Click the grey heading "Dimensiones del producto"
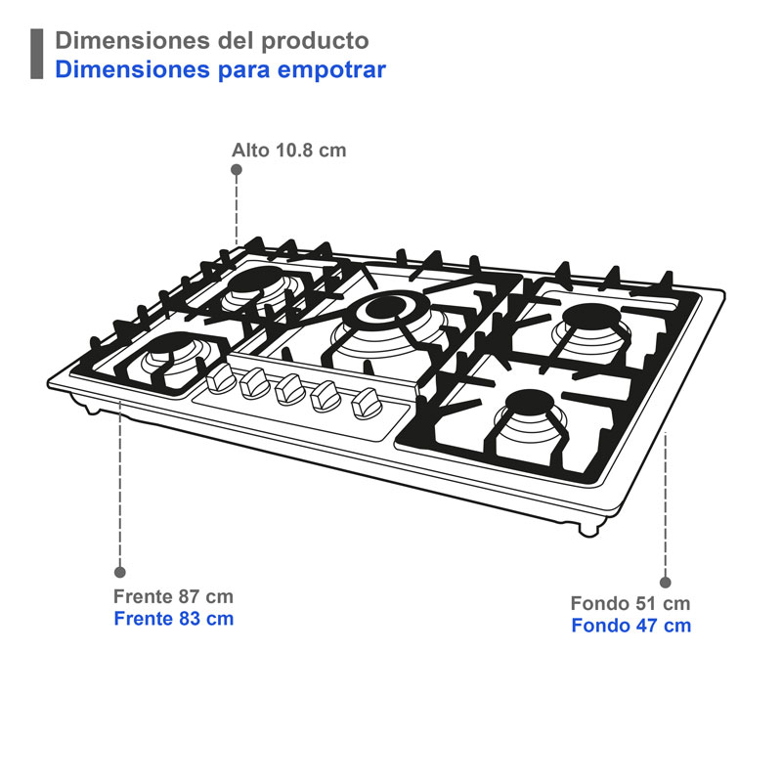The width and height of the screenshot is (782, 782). (212, 41)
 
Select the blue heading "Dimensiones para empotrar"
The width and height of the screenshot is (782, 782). (220, 69)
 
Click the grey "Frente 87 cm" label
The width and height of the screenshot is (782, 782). (173, 596)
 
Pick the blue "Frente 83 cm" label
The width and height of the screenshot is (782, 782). (173, 619)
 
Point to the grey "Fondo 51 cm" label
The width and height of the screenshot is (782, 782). (630, 603)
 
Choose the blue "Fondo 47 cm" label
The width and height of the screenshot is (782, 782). (630, 626)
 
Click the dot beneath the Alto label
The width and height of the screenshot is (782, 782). (237, 169)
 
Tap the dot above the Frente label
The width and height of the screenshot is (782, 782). (120, 572)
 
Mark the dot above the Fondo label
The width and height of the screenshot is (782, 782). (666, 581)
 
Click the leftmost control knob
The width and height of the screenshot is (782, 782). (218, 378)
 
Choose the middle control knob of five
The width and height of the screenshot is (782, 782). (288, 389)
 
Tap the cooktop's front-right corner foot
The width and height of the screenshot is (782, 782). (589, 529)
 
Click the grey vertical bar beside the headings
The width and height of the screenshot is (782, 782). (37, 55)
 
